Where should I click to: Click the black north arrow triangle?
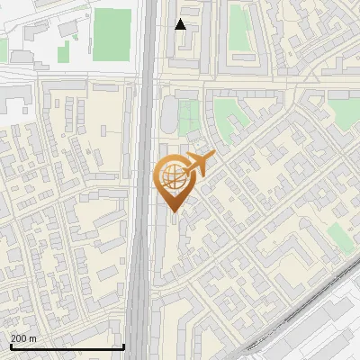coord(181,24)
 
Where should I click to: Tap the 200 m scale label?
coord(22,337)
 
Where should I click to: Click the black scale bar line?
coord(67,346)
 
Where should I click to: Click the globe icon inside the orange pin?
coord(171,177)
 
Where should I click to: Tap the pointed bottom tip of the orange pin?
coord(174,213)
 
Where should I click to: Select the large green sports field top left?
coord(112,31)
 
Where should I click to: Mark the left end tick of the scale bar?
coord(10,346)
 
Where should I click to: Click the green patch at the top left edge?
coord(3,49)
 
